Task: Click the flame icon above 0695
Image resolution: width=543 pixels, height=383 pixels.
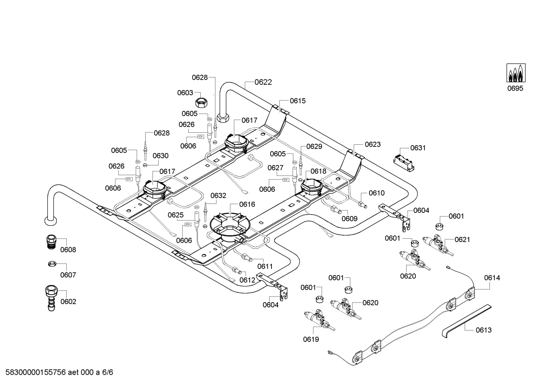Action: tap(516, 73)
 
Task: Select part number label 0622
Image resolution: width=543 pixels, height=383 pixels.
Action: tap(263, 82)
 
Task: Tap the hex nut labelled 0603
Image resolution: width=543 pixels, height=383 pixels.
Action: tap(201, 102)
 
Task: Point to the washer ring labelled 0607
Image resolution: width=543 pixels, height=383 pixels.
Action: tap(52, 264)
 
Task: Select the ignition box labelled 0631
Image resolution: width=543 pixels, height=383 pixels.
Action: tap(404, 163)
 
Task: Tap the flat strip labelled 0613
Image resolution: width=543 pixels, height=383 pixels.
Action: tap(466, 321)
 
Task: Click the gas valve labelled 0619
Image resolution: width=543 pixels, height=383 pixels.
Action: tap(319, 320)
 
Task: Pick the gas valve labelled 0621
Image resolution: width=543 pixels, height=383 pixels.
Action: tap(438, 245)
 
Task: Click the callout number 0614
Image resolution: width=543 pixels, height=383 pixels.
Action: tap(492, 278)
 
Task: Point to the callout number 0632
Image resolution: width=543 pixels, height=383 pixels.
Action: tap(218, 195)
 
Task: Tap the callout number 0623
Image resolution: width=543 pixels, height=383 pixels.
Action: tap(373, 144)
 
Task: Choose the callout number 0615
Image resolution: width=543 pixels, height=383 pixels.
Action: tap(298, 101)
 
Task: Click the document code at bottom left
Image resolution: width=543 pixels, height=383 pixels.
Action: tap(59, 372)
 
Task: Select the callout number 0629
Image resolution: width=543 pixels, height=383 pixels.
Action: tap(314, 147)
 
